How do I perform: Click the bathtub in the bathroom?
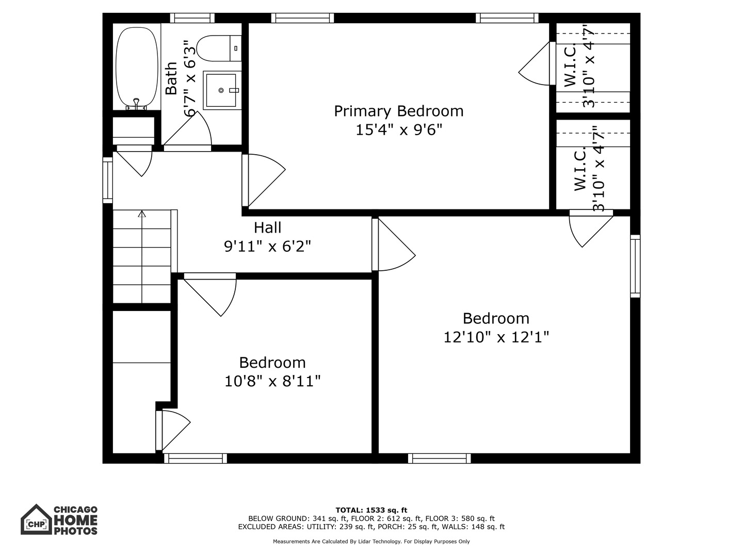(137, 67)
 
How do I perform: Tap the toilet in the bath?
(219, 48)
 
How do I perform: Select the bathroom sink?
(222, 90)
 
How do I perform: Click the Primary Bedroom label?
(398, 111)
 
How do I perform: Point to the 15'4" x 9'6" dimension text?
(398, 129)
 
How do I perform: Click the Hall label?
(267, 227)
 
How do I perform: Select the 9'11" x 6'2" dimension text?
(267, 247)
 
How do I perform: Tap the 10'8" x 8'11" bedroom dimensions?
(272, 381)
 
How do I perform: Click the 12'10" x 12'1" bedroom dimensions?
(496, 337)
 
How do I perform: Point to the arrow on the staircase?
(142, 214)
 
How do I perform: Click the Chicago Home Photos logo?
(59, 519)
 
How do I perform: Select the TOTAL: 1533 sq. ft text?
(371, 510)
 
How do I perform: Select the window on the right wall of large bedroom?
(635, 266)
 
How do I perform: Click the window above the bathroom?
(192, 18)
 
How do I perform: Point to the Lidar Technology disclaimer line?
(371, 542)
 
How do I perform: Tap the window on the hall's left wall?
(107, 180)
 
